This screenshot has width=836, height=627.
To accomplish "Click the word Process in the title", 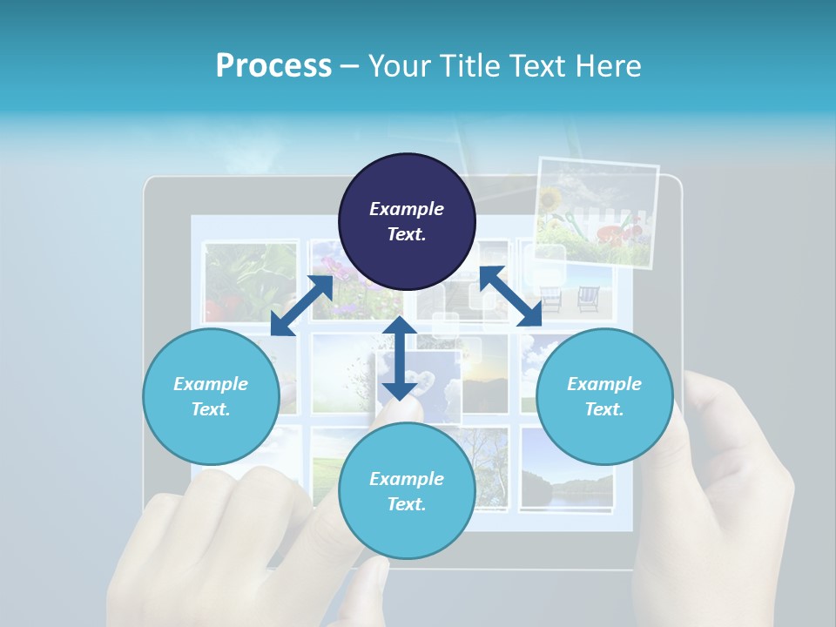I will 273,65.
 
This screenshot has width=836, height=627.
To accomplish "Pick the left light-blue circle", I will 211,396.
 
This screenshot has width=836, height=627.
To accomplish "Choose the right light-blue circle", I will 604,396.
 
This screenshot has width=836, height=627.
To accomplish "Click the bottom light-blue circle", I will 407,490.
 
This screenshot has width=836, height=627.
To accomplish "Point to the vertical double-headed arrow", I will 400,358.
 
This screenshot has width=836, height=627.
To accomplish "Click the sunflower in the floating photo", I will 551,201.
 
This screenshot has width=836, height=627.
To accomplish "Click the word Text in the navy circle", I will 407,234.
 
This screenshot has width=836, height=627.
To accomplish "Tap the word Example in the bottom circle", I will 407,479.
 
